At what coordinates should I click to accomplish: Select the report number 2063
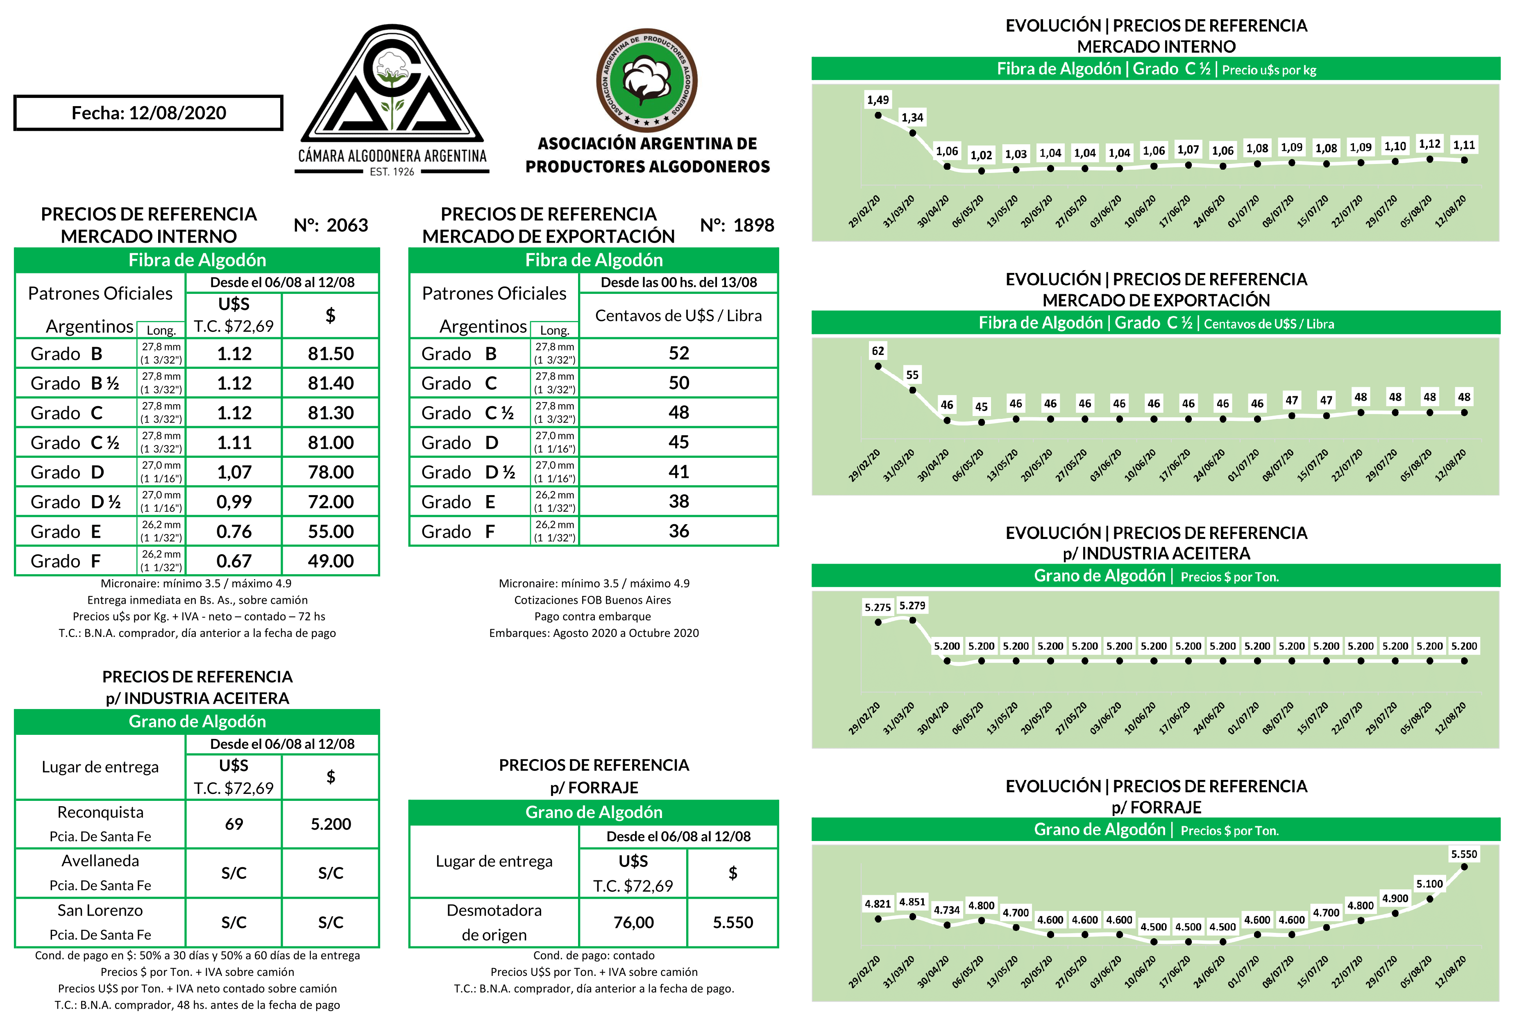[x=347, y=225]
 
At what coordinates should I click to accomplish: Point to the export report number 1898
[x=753, y=225]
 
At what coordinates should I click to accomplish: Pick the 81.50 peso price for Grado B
[x=331, y=354]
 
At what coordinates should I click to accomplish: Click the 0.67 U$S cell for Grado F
[x=234, y=561]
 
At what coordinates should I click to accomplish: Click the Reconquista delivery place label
[x=100, y=813]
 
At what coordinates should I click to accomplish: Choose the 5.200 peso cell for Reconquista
[x=331, y=824]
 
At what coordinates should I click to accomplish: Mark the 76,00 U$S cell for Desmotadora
[x=633, y=923]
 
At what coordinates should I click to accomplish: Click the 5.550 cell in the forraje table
[x=733, y=923]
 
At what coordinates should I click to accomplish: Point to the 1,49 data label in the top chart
[x=878, y=100]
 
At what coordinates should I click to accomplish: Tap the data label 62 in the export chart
[x=878, y=351]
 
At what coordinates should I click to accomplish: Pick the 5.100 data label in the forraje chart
[x=1429, y=884]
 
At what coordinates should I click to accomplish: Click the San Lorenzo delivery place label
[x=100, y=911]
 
